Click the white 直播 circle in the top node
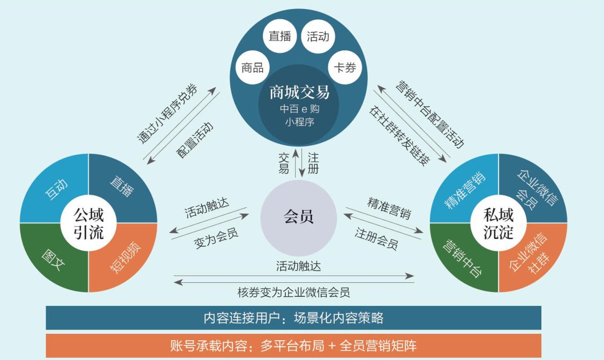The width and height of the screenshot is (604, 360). click(280, 36)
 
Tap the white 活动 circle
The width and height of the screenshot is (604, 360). click(318, 36)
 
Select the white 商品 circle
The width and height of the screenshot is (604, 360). click(252, 67)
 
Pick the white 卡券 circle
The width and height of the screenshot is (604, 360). click(345, 67)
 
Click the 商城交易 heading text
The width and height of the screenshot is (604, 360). click(299, 93)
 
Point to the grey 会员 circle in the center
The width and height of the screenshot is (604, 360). click(298, 217)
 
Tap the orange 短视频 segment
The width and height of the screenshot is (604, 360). click(122, 258)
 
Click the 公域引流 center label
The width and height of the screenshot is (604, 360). click(88, 223)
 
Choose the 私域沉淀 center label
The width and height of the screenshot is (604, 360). click(499, 223)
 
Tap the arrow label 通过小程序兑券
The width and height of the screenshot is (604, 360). click(167, 114)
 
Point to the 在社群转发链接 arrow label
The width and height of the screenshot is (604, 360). click(399, 135)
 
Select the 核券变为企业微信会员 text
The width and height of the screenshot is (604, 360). click(293, 292)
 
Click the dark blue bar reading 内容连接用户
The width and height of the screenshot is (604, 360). click(293, 318)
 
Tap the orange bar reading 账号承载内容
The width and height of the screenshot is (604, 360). click(293, 346)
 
